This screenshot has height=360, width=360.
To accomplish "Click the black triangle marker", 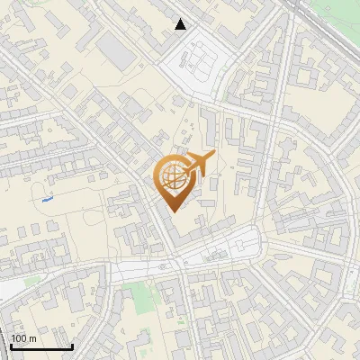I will pyautogui.click(x=181, y=25).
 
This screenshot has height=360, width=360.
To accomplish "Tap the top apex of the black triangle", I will pyautogui.click(x=181, y=19).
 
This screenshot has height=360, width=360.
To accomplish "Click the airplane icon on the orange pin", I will pyautogui.click(x=198, y=164).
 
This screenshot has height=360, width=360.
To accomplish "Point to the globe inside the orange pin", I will pyautogui.click(x=170, y=177).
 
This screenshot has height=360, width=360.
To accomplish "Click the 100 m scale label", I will pyautogui.click(x=23, y=338).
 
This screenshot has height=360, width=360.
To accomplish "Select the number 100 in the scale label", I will pyautogui.click(x=19, y=338).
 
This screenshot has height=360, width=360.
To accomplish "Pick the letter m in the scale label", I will pyautogui.click(x=32, y=338).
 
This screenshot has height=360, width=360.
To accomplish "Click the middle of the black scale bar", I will pyautogui.click(x=41, y=347).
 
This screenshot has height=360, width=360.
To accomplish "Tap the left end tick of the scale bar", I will pyautogui.click(x=11, y=346).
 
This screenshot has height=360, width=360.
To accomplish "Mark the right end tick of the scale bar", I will pyautogui.click(x=72, y=346).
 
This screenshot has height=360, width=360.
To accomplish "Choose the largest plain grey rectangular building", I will pyautogui.click(x=115, y=49).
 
